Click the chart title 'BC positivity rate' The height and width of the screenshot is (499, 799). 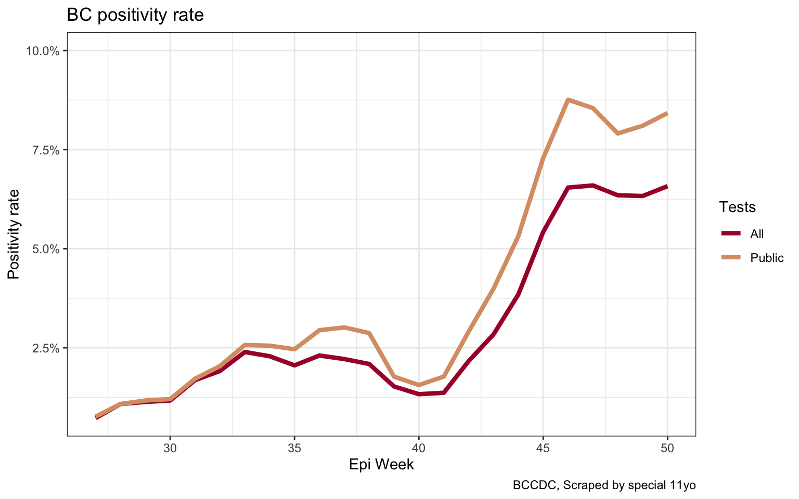point(135,15)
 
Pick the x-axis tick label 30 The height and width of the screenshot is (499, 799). point(170,449)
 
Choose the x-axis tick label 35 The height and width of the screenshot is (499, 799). point(294,449)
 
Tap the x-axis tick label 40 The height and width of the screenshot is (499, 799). point(419,449)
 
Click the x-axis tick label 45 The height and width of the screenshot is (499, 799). point(543,449)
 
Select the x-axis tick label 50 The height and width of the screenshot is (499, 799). point(667,449)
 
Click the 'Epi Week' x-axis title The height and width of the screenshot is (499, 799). point(381,465)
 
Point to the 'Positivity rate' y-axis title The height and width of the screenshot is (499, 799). point(14,234)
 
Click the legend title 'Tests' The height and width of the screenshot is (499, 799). point(737,207)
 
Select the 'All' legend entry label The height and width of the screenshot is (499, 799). point(757,234)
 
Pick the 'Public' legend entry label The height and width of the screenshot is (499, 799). point(767,258)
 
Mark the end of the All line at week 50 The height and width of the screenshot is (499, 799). point(667,186)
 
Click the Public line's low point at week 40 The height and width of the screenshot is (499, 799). point(419,385)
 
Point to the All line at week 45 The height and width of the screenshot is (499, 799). point(543,232)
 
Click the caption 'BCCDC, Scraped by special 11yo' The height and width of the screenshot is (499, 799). point(604,485)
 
